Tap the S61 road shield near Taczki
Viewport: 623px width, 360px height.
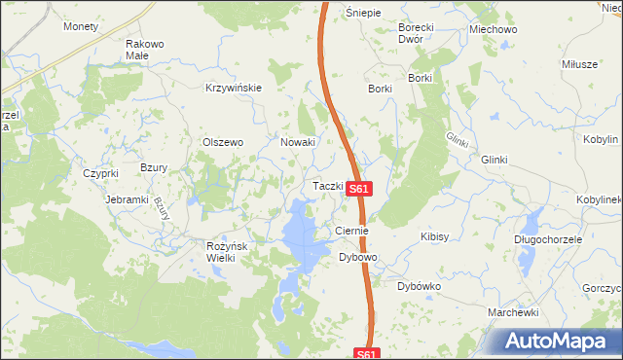[x=359, y=190]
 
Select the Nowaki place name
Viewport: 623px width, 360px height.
[x=298, y=142]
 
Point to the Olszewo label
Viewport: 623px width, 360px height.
[x=222, y=142]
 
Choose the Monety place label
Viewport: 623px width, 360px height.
[x=81, y=26]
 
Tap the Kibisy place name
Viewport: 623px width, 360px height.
[x=433, y=236]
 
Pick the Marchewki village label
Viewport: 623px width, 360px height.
[x=514, y=312]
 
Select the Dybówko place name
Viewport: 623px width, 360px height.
[x=420, y=287]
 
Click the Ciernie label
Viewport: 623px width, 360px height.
[x=350, y=231]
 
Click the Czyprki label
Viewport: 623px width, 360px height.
[x=100, y=173]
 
